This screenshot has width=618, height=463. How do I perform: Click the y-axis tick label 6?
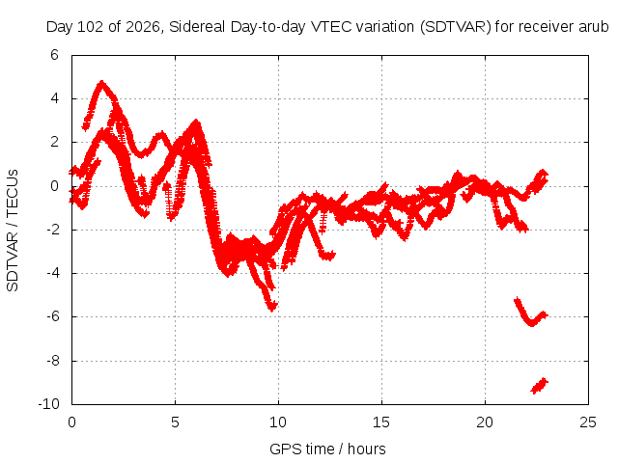[x=54, y=55]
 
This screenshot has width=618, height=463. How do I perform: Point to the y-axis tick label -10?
[x=49, y=404]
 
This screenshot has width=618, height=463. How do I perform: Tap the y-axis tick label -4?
[x=52, y=273]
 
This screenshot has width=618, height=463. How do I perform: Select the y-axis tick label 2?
[x=54, y=142]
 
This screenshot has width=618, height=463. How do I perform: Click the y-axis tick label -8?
[x=52, y=360]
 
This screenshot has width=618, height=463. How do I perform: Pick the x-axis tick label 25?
[x=588, y=422]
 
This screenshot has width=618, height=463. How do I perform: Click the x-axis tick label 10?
[x=278, y=422]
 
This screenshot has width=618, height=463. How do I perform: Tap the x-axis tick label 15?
[x=381, y=422]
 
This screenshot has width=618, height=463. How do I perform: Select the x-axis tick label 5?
[x=175, y=422]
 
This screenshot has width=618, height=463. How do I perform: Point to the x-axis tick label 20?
[x=485, y=422]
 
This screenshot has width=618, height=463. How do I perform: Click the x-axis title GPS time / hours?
[x=327, y=449]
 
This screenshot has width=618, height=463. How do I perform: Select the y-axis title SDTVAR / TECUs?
[x=13, y=231]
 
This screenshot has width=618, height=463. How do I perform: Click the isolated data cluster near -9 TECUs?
[x=539, y=386]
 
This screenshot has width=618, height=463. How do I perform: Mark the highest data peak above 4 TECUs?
[x=102, y=84]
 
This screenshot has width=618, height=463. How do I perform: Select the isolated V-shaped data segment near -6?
[x=531, y=313]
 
